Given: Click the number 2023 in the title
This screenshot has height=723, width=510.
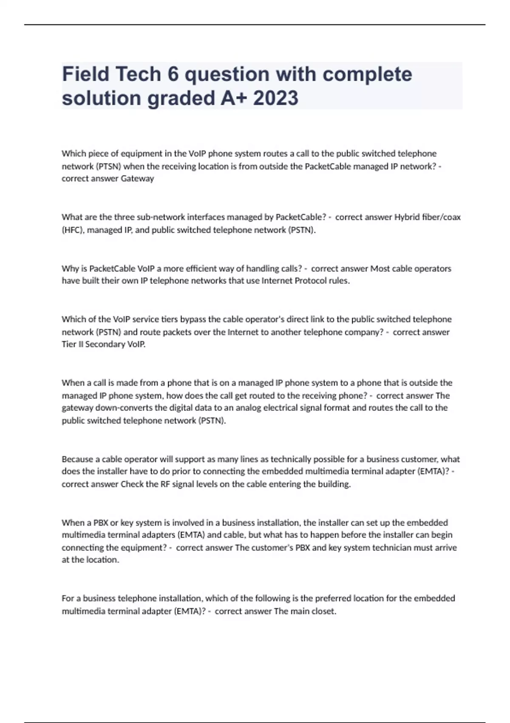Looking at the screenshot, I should point(276,98).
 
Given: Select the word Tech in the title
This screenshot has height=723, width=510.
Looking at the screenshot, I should point(138,74).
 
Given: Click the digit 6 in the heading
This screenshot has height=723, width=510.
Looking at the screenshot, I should point(173,74).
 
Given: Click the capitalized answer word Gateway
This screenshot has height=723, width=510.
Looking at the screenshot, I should point(137,179).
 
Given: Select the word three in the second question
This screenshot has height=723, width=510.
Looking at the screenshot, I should point(123,217).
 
